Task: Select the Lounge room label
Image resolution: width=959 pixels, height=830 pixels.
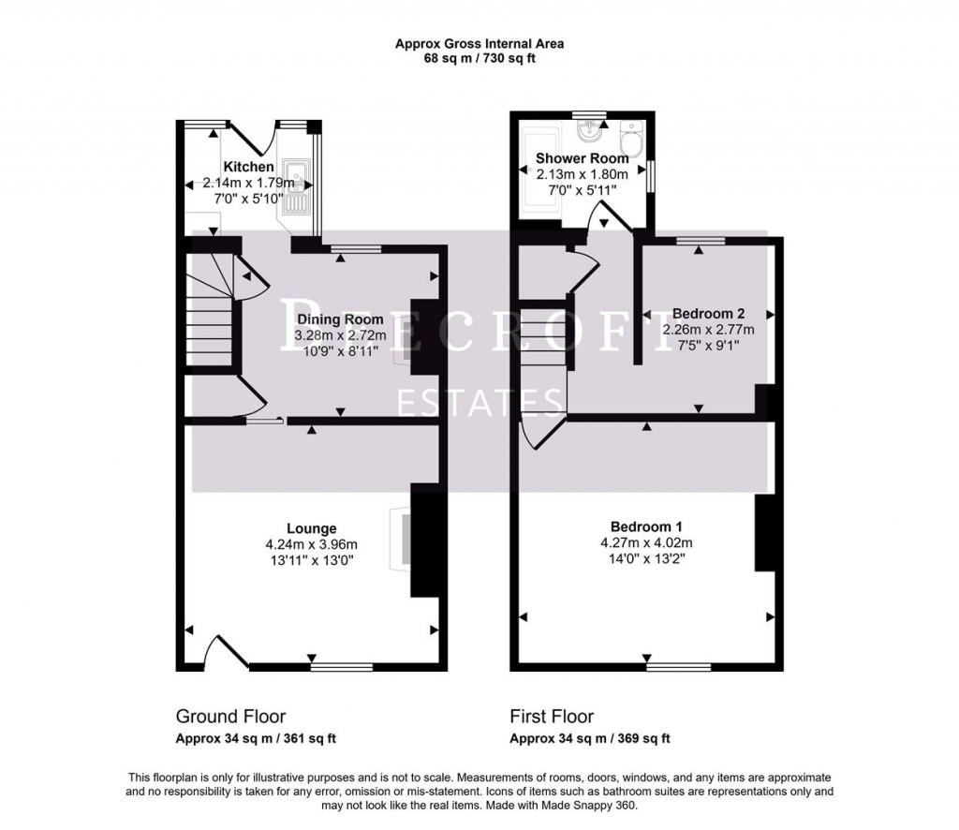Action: coord(312,528)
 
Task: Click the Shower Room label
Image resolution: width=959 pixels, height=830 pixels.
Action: coord(582,158)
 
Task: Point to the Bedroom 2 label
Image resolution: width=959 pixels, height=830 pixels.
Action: coord(708,314)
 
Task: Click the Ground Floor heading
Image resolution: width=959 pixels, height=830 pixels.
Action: coord(230,717)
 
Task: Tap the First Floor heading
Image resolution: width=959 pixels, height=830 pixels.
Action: coord(552,717)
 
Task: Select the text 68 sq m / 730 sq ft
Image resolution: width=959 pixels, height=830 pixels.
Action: coord(479,58)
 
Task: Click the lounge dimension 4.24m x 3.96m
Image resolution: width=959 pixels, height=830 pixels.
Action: coord(312,544)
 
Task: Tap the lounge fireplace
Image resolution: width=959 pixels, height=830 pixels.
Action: coord(400,540)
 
